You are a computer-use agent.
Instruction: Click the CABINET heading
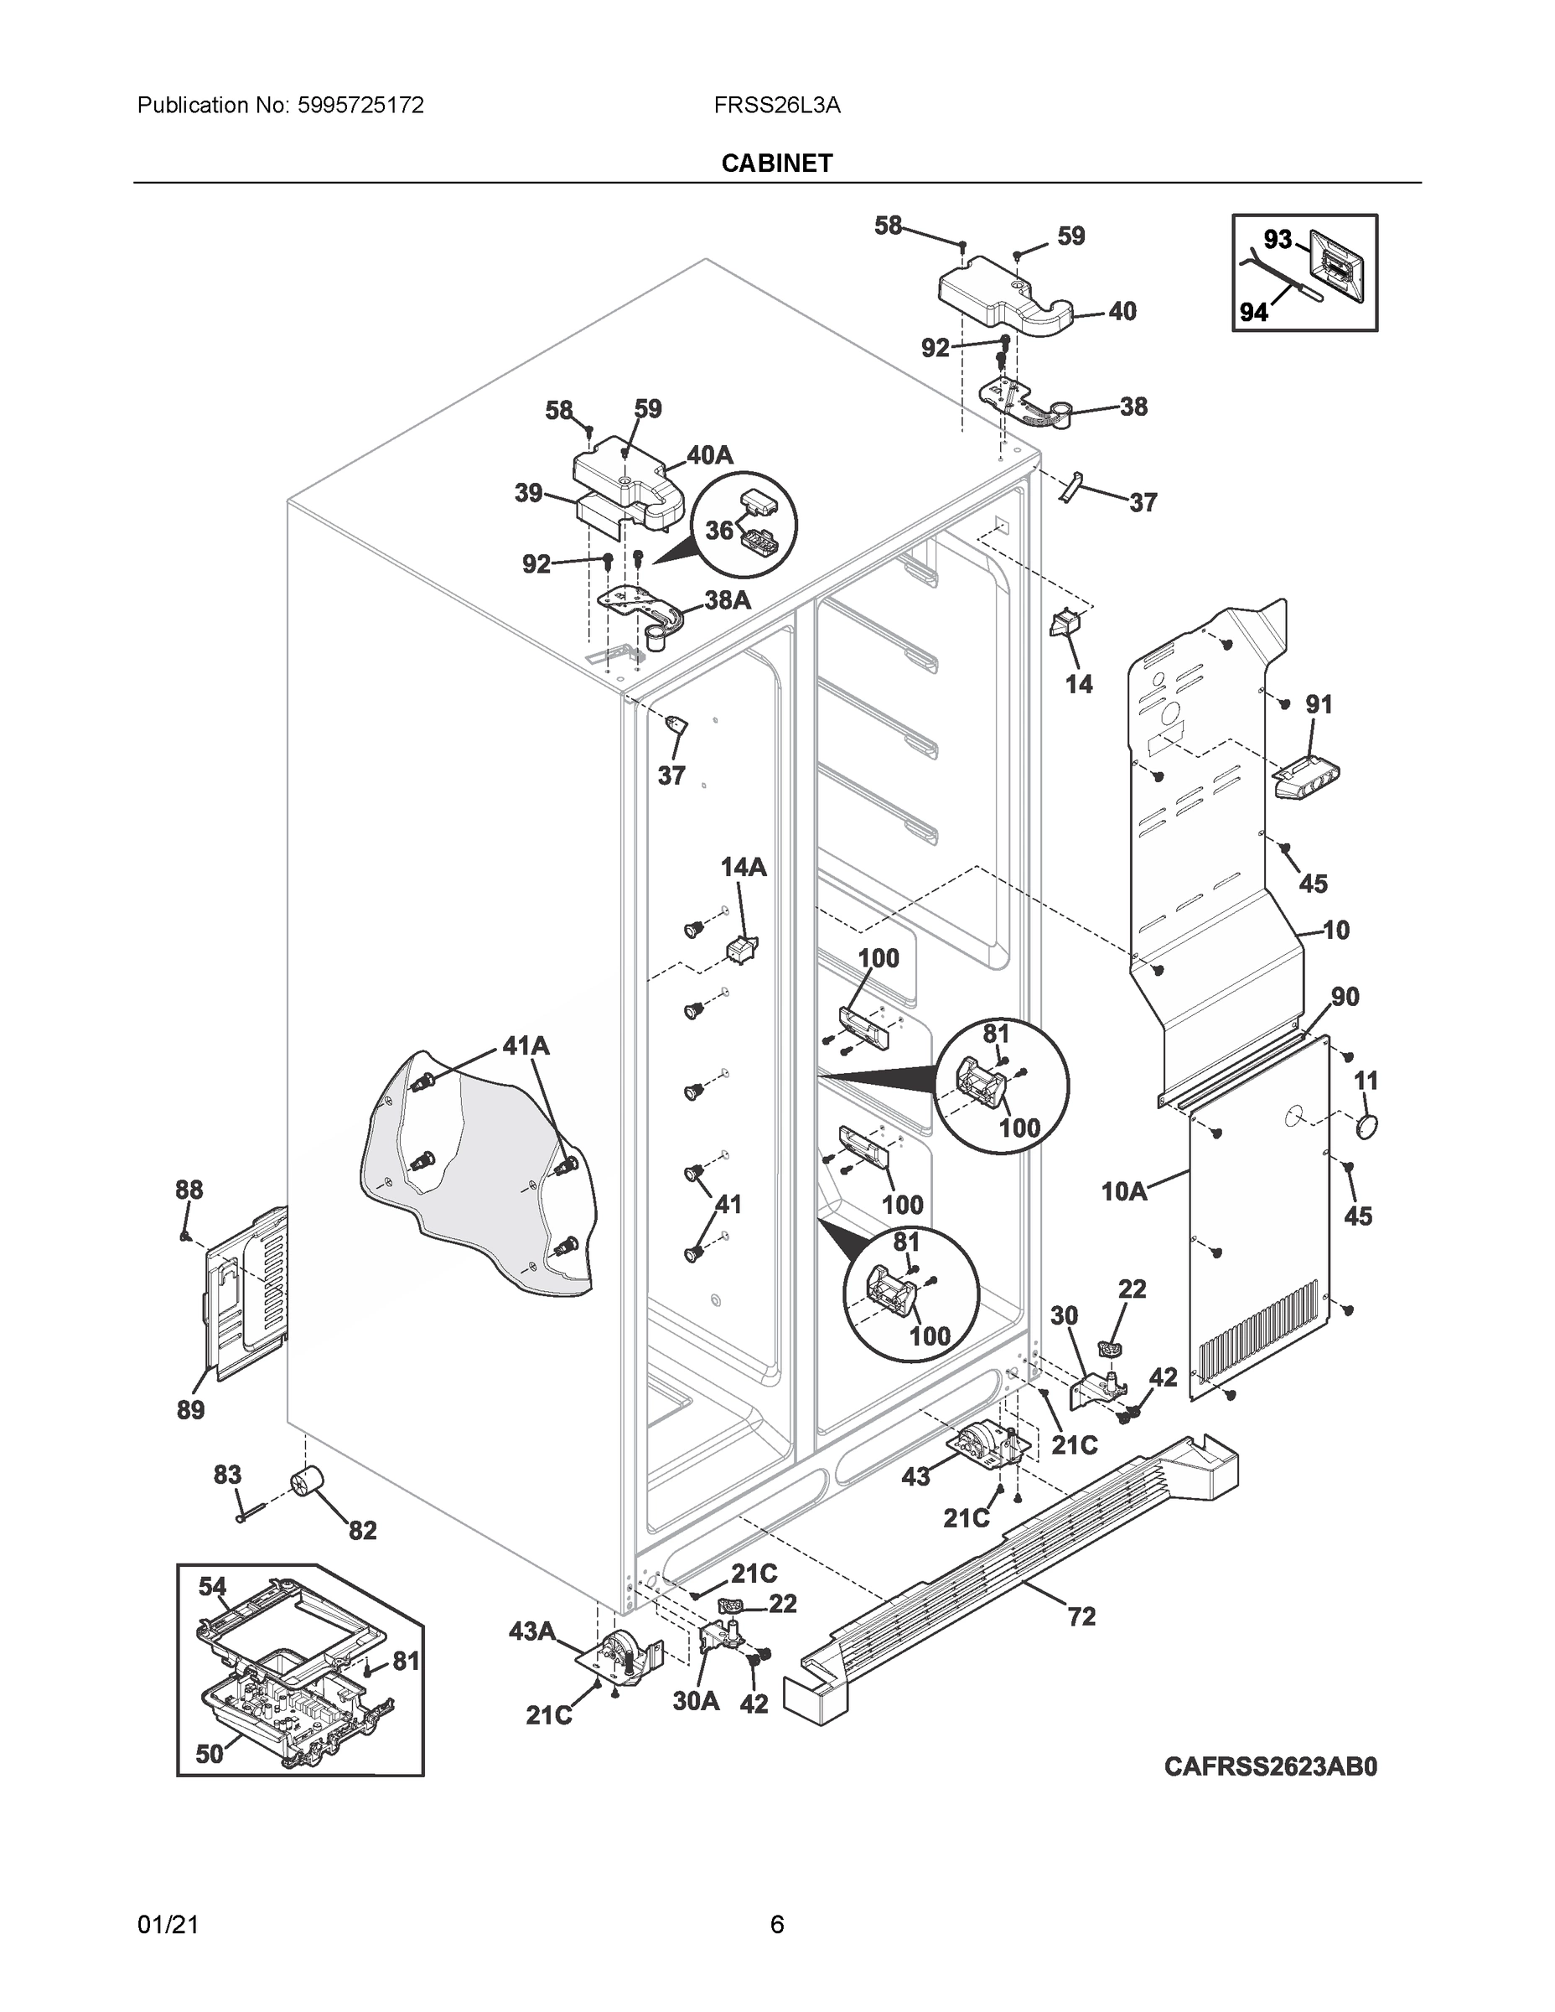(x=776, y=163)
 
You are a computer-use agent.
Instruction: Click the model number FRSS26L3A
(x=776, y=105)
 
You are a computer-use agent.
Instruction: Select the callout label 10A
(x=1124, y=1191)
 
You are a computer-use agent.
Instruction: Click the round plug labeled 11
(x=1367, y=1126)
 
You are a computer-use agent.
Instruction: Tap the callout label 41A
(x=526, y=1045)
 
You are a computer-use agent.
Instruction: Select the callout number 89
(x=190, y=1409)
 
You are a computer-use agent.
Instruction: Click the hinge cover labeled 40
(x=1004, y=299)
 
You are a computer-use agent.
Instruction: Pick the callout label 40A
(x=710, y=454)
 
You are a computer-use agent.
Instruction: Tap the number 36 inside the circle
(x=719, y=530)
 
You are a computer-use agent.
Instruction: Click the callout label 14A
(x=743, y=867)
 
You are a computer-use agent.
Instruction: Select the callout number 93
(x=1277, y=240)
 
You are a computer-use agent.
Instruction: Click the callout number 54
(x=213, y=1586)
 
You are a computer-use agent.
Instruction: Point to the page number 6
(x=776, y=1925)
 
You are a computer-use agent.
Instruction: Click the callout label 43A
(x=532, y=1631)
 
